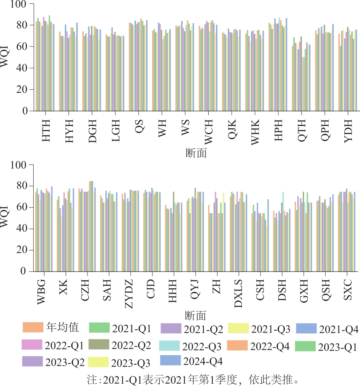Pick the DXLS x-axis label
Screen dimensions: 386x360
(239, 295)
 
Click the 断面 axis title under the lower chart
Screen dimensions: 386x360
(195, 315)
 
